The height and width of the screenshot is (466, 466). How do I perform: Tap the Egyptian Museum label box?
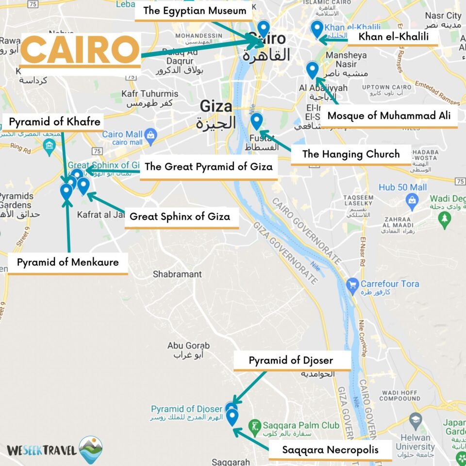[195, 11]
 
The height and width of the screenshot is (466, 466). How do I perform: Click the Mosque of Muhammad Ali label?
[389, 116]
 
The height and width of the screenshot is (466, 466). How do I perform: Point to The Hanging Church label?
[350, 154]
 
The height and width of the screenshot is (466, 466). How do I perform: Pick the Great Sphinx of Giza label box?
[180, 216]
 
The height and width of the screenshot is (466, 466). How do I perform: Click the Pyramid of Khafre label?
[54, 121]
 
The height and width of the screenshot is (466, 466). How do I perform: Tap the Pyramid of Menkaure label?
[67, 263]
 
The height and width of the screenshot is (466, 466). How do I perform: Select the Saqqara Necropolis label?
[330, 449]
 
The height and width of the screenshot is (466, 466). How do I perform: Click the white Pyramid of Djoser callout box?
[291, 361]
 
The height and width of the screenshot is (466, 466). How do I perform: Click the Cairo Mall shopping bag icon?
[150, 134]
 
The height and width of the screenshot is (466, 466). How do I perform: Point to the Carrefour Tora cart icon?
[353, 284]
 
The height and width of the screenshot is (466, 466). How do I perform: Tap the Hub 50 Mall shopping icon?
[412, 199]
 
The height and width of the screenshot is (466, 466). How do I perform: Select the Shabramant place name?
[177, 274]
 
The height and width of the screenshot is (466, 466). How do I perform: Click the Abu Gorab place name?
[188, 346]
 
